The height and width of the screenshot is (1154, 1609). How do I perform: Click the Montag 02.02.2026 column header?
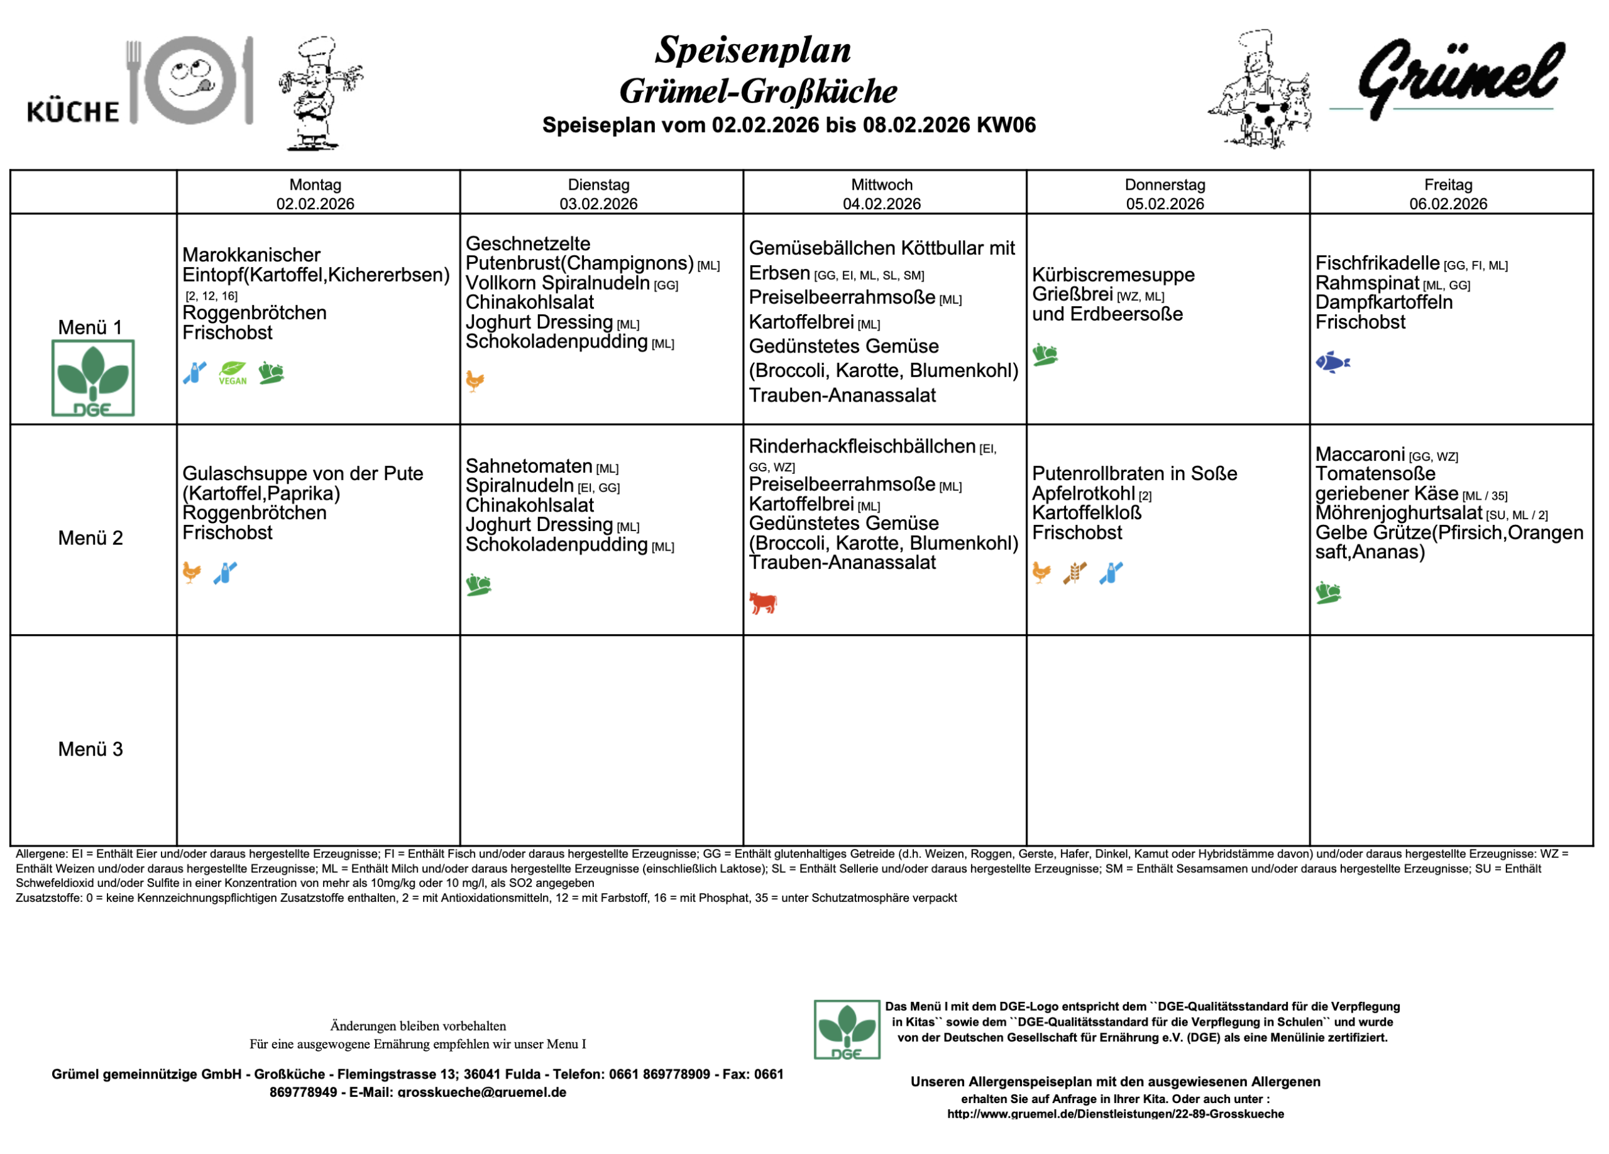click(315, 194)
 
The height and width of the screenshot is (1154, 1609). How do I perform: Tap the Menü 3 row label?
click(90, 749)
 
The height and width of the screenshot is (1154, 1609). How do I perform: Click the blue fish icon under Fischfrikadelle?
click(1332, 363)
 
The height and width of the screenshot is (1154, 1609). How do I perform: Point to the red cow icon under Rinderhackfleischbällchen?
click(762, 603)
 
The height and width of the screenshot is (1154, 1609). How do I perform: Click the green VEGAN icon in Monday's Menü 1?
click(233, 372)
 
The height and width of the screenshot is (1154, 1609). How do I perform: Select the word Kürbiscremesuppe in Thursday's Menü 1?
click(1112, 275)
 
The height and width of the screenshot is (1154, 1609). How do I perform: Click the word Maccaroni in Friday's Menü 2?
click(1359, 454)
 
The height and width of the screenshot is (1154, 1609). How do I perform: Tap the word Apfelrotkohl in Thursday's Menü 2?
click(1084, 493)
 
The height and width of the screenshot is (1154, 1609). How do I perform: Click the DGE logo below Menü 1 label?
click(93, 378)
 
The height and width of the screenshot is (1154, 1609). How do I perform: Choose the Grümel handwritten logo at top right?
click(1460, 78)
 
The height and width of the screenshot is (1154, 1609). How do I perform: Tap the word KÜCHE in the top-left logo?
click(73, 111)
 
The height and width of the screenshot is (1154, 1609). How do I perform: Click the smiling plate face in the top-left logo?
click(190, 79)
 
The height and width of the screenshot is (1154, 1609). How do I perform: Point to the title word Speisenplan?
click(753, 50)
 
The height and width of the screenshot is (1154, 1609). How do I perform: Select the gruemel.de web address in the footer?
click(1114, 1114)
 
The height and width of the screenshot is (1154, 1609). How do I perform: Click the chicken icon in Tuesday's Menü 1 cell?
click(475, 381)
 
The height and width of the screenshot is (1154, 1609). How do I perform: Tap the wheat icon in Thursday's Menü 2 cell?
click(1074, 573)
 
